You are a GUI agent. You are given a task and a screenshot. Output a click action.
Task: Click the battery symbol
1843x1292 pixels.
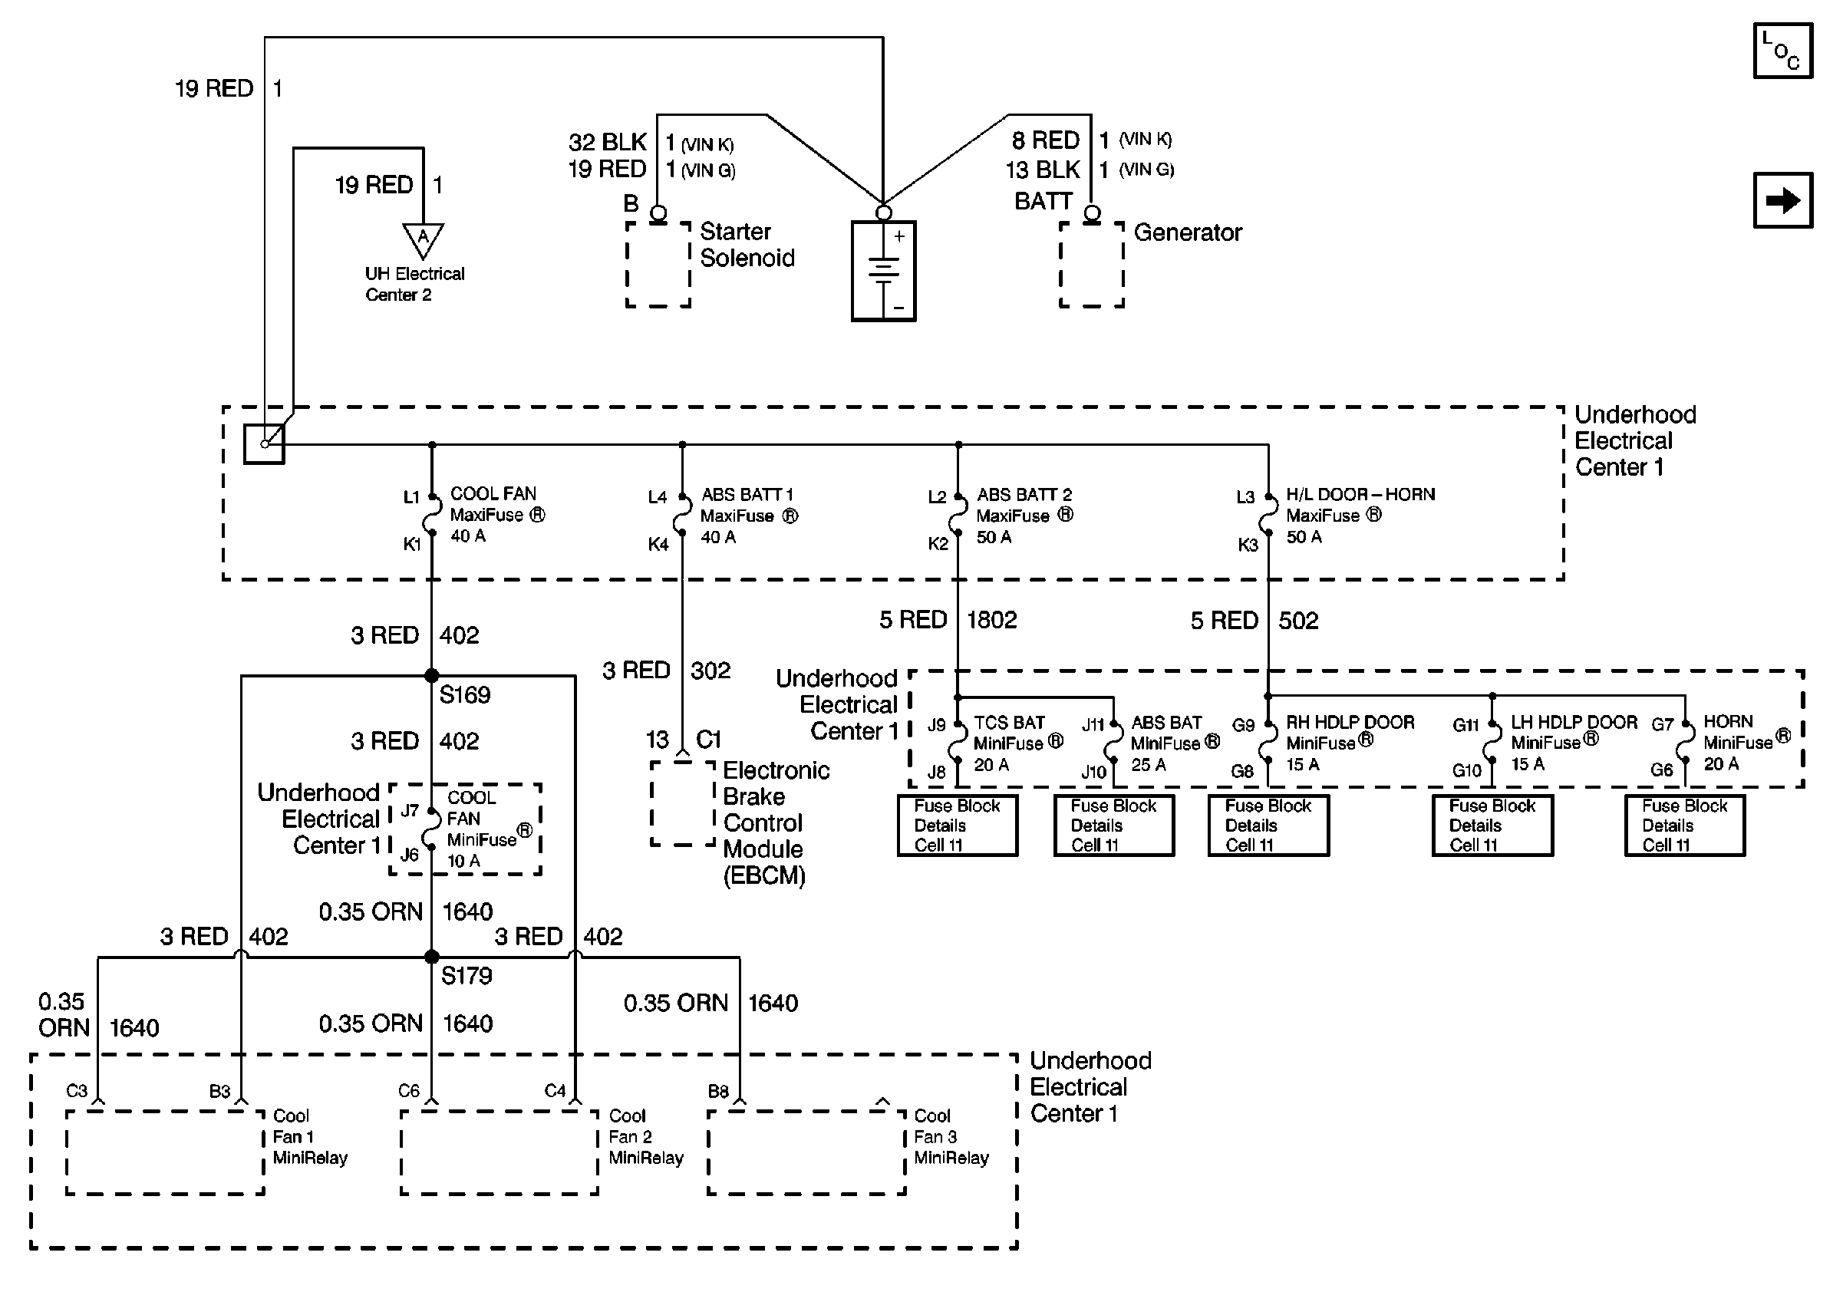[x=883, y=272]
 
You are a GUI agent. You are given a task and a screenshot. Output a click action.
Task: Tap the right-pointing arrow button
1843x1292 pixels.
[x=1783, y=200]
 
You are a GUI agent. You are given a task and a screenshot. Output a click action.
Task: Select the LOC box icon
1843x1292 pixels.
[x=1783, y=51]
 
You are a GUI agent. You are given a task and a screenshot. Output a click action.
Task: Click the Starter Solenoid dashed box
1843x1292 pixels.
[x=658, y=264]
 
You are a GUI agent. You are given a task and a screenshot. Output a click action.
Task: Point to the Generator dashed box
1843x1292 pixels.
[x=1092, y=264]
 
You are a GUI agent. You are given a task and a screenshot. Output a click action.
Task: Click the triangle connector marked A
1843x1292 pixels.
[x=423, y=239]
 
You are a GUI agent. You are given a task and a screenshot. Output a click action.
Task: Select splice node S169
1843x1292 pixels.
[x=432, y=676]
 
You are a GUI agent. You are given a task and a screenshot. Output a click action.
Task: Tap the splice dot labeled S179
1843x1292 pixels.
[x=432, y=957]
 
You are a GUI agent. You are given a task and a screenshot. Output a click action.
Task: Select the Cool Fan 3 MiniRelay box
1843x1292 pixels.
[x=806, y=1152]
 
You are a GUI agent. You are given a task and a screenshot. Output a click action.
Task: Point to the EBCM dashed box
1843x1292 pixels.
[x=682, y=803]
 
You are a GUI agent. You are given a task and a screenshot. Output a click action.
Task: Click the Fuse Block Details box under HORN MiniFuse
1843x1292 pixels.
[x=1685, y=825]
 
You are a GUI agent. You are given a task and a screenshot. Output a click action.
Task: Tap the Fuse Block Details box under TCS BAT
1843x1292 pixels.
[x=958, y=825]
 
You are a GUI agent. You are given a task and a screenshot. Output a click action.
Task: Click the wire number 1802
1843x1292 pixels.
[x=992, y=621]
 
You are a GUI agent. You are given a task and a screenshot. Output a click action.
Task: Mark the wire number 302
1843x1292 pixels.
[x=710, y=671]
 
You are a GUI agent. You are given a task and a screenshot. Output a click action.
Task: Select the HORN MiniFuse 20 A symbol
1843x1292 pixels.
[x=1685, y=745]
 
